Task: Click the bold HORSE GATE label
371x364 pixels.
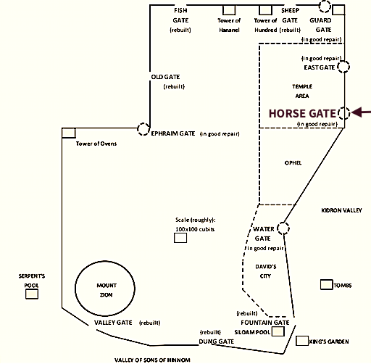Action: coord(302,113)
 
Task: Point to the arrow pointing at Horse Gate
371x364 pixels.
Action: coord(361,112)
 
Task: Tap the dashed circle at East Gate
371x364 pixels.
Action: coord(343,67)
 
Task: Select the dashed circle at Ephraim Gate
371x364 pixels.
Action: coord(143,129)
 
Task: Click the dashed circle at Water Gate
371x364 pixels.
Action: coord(283,228)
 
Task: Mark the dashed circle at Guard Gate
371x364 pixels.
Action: coord(325,7)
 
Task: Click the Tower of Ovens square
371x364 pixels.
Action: coord(69,133)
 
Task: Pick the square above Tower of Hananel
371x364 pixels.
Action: coord(229,10)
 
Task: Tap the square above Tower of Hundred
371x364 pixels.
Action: coord(265,10)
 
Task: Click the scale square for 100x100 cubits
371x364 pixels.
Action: coord(180,238)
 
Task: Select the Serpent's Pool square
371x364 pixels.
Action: coord(32,294)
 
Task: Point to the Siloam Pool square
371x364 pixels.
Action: coord(278,331)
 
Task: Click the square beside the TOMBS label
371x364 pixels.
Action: coord(327,284)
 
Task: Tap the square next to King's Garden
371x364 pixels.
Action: coord(302,341)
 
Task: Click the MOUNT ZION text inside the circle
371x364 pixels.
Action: coord(107,290)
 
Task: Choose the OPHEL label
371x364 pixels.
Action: coord(293,163)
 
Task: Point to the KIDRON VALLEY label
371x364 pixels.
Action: coord(341,210)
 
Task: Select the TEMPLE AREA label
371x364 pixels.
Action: coord(302,91)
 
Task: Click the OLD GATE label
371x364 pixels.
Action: coord(165,77)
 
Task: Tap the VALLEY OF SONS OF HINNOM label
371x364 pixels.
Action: coord(152,360)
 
